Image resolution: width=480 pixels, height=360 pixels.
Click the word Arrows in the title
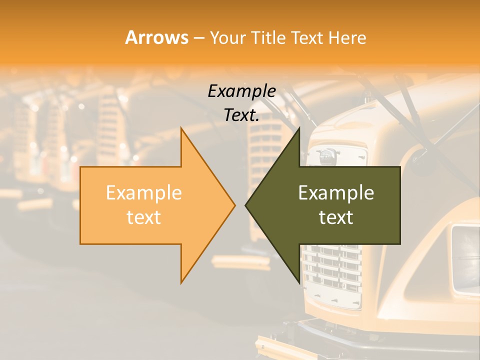coord(156,37)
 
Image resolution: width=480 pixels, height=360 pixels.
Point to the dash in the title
coord(199,38)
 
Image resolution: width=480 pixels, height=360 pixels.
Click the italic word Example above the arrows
coord(241,91)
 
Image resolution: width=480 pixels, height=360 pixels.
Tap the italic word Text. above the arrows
coord(241,115)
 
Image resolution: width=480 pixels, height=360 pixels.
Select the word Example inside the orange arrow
coord(144,193)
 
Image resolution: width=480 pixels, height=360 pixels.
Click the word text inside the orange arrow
coord(144,217)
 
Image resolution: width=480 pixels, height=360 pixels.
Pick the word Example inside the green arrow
coord(336,193)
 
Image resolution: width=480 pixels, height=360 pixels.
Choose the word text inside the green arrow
coord(336,217)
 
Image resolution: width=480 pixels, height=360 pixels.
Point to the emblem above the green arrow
coord(326,154)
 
